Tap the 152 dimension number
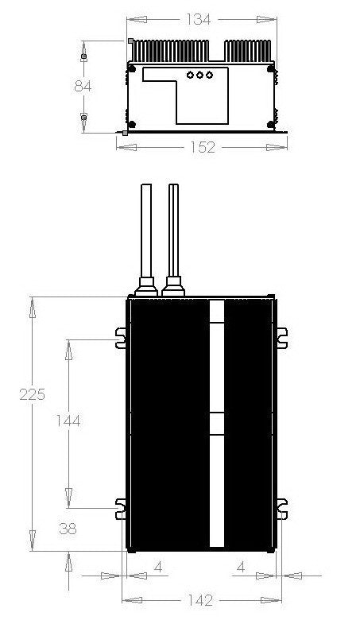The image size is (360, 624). coord(203,148)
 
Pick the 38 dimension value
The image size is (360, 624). coord(68,528)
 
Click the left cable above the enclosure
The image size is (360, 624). coord(146,231)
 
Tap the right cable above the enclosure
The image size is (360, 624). coord(173,231)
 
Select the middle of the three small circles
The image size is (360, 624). coord(199,76)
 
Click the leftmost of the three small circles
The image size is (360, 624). coord(189,76)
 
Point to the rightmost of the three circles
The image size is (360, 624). coord(210,76)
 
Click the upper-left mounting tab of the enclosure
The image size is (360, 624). coord(121,337)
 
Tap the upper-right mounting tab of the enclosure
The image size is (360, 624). coord(281,337)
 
